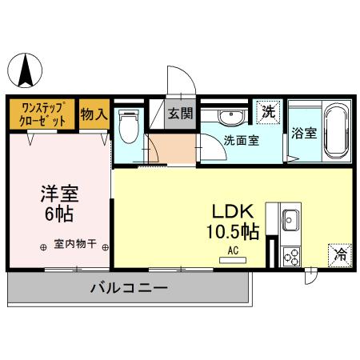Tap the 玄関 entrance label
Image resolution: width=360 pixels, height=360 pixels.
pyautogui.click(x=180, y=113)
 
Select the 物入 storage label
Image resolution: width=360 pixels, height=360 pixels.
pyautogui.click(x=94, y=113)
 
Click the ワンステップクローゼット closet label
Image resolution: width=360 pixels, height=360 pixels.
pyautogui.click(x=43, y=113)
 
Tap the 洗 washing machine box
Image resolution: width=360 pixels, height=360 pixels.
pyautogui.click(x=269, y=112)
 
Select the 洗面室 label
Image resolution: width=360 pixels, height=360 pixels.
pyautogui.click(x=241, y=141)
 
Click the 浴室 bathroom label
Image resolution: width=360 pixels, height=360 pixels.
pyautogui.click(x=304, y=133)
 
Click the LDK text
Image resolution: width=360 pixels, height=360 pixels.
pyautogui.click(x=233, y=211)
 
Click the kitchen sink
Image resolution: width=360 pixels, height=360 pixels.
pyautogui.click(x=290, y=218)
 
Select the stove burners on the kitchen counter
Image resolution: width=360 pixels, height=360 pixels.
pyautogui.click(x=290, y=255)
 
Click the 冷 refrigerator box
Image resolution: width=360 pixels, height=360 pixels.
pyautogui.click(x=339, y=255)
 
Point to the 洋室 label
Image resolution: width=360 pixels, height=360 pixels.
pyautogui.click(x=58, y=194)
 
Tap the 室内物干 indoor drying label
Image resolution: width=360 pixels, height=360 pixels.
pyautogui.click(x=75, y=245)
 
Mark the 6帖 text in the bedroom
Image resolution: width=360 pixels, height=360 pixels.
pyautogui.click(x=58, y=214)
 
